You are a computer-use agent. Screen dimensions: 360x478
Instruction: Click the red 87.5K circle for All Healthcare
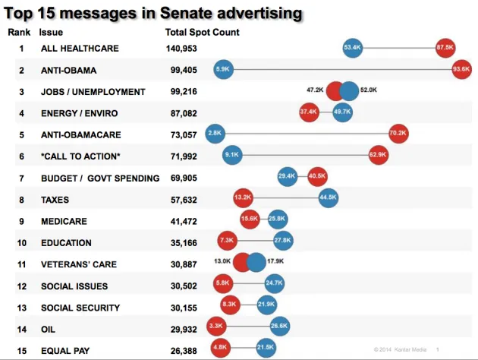click(x=445, y=48)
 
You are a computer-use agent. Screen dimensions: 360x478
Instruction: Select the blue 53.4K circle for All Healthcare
click(x=352, y=48)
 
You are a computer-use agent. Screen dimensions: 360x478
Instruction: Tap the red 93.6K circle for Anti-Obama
click(x=461, y=69)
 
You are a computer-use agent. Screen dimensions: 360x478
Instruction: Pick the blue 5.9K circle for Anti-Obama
click(x=223, y=69)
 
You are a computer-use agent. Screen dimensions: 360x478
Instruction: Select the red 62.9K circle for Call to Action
click(x=378, y=155)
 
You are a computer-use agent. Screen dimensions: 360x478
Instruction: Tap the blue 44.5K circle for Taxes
click(x=329, y=198)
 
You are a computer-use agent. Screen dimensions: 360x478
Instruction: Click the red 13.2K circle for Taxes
click(x=243, y=198)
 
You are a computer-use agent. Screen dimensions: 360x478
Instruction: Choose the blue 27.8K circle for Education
click(x=283, y=242)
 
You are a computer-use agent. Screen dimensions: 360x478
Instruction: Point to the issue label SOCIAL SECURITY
click(x=80, y=308)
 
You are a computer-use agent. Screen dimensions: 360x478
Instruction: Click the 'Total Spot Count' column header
click(x=202, y=33)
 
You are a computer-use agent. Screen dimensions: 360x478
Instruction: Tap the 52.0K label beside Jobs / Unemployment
click(x=369, y=90)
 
